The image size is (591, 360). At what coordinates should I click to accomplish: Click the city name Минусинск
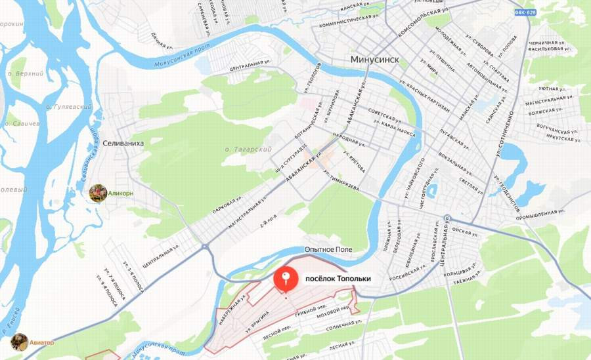(374, 59)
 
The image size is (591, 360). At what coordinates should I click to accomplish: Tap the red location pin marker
(286, 279)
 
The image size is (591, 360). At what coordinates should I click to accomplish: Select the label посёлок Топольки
(338, 279)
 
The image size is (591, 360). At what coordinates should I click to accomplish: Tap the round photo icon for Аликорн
(98, 193)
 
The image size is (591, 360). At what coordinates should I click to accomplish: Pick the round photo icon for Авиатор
(20, 342)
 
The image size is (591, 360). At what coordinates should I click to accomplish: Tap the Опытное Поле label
(328, 249)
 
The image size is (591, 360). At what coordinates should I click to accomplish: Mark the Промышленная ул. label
(540, 212)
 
